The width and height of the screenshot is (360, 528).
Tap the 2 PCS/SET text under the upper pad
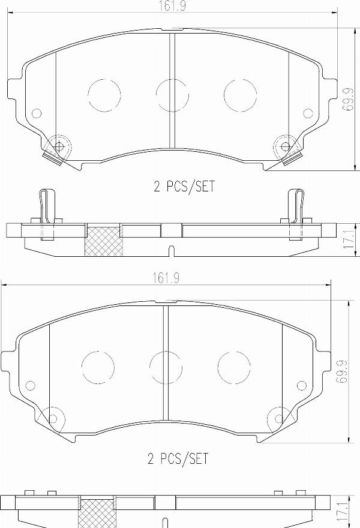tap(183, 187)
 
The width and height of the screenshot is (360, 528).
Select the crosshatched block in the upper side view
tap(103, 241)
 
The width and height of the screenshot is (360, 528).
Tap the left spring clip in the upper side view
tap(47, 213)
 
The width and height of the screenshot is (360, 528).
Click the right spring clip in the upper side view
tap(296, 213)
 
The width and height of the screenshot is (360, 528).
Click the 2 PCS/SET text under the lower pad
tap(178, 459)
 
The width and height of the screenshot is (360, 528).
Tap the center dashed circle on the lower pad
tap(166, 367)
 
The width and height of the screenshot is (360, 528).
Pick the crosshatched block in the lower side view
tap(97, 514)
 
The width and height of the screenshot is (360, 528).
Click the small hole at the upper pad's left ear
tap(37, 113)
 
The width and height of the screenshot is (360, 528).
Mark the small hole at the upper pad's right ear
tap(308, 113)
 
